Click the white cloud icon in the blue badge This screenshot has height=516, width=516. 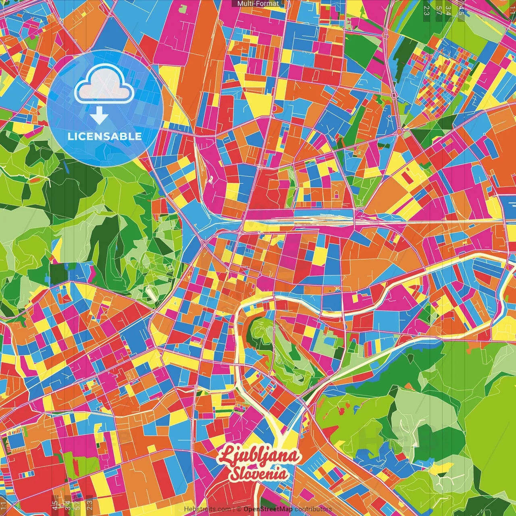pyautogui.click(x=104, y=85)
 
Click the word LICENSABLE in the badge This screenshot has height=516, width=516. pyautogui.click(x=104, y=136)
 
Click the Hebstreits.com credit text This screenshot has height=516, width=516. pyautogui.click(x=207, y=509)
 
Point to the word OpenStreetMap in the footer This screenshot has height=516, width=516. pyautogui.click(x=268, y=509)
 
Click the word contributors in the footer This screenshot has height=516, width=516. pyautogui.click(x=313, y=509)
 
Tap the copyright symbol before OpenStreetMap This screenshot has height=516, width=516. pyautogui.click(x=239, y=509)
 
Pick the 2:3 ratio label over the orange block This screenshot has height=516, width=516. pyautogui.click(x=89, y=504)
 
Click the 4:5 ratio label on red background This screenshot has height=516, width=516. pyautogui.click(x=54, y=504)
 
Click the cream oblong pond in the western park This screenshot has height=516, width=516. pyautogui.click(x=151, y=293)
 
